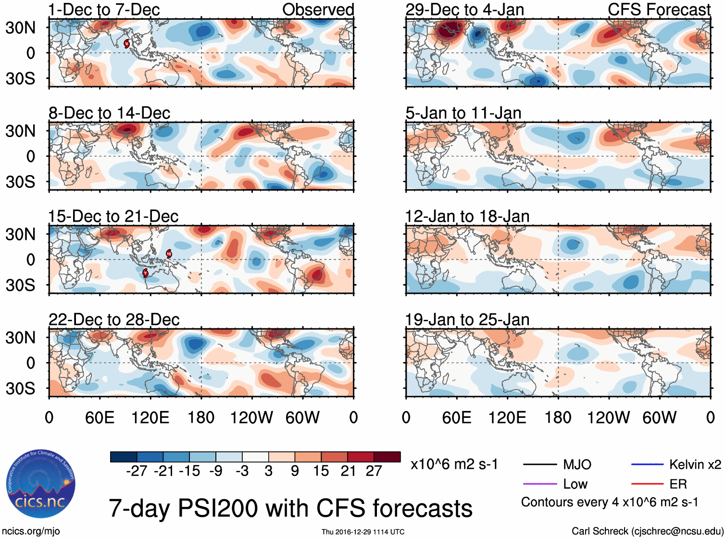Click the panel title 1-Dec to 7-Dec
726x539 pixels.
(x=104, y=10)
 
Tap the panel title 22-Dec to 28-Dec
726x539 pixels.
(x=114, y=320)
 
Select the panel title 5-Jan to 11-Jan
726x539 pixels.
(x=463, y=113)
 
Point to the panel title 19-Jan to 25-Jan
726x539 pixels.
(x=467, y=320)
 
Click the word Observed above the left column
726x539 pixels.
(x=318, y=10)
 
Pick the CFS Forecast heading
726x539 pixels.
(x=659, y=10)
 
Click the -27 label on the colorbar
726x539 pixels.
(x=137, y=471)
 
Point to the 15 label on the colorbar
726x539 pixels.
(x=321, y=471)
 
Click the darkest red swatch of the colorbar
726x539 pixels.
(x=387, y=457)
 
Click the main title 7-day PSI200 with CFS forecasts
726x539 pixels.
(x=290, y=508)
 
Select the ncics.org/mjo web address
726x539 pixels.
(x=31, y=531)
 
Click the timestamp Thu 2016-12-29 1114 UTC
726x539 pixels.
(x=363, y=532)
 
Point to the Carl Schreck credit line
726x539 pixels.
(x=647, y=531)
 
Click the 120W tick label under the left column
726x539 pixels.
(x=251, y=417)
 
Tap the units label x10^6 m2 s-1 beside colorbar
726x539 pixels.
(x=454, y=464)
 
